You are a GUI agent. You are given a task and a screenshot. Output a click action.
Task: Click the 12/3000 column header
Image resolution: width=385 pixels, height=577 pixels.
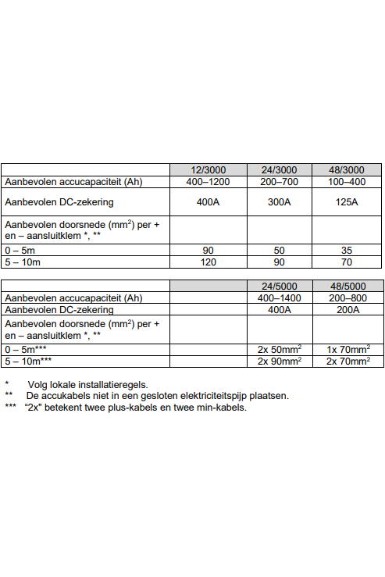coord(209,170)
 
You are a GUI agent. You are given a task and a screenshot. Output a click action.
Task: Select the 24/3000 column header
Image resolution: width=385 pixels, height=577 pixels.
coord(280,170)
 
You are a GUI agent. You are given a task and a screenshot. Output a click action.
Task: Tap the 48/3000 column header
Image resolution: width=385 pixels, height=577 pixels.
coord(348,170)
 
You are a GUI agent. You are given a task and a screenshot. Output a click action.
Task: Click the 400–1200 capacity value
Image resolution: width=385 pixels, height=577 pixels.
coord(209,182)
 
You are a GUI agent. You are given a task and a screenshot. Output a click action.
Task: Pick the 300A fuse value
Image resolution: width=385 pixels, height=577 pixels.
coord(280,202)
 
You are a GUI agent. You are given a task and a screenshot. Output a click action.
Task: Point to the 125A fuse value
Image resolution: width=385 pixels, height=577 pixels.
coord(348,202)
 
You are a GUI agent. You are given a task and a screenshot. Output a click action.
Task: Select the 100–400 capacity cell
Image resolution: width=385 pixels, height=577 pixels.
coord(348,182)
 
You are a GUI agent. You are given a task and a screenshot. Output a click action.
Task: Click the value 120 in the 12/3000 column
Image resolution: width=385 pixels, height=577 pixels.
coord(209,262)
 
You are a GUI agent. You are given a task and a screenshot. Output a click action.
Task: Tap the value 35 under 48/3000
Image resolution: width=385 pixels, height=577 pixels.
coord(348,251)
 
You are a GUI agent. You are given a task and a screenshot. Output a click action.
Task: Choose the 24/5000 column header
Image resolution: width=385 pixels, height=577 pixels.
coord(280,286)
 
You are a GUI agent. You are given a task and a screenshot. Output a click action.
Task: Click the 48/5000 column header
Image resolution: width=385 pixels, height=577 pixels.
coord(348,286)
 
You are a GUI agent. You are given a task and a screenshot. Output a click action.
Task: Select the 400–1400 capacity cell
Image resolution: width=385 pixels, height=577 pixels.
coord(280,298)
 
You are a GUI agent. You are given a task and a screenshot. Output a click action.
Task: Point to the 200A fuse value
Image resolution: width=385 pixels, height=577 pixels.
coord(348,309)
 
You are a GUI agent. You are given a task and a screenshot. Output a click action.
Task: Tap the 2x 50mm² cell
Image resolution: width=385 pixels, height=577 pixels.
coord(280,349)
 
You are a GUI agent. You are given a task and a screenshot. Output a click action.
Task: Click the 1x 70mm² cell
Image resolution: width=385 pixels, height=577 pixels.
coord(348,349)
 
